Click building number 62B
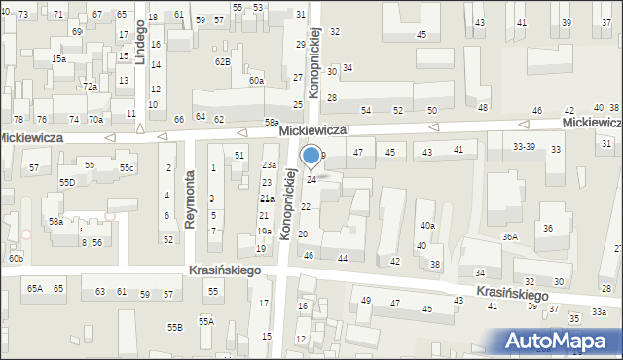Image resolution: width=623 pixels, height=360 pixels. tap(223, 62)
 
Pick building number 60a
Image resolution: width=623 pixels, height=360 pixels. tap(256, 81)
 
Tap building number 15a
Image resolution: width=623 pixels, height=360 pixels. tap(59, 59)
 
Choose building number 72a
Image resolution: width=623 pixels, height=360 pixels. tap(90, 87)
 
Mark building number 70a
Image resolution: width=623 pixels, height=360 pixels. tap(95, 120)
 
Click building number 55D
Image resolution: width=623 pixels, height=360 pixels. tap(67, 183)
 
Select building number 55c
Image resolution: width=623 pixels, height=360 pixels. tap(127, 168)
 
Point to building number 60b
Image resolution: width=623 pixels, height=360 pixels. tap(16, 258)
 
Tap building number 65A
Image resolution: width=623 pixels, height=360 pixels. tap(35, 289)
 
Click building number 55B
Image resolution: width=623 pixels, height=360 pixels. tap(174, 328)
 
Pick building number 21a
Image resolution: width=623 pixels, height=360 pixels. tap(266, 198)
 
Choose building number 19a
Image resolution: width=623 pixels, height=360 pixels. tap(264, 232)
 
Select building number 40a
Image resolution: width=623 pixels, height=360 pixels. tap(426, 226)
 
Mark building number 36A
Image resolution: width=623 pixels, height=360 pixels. tap(509, 236)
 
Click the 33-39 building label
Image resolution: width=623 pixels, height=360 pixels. tap(524, 146)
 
